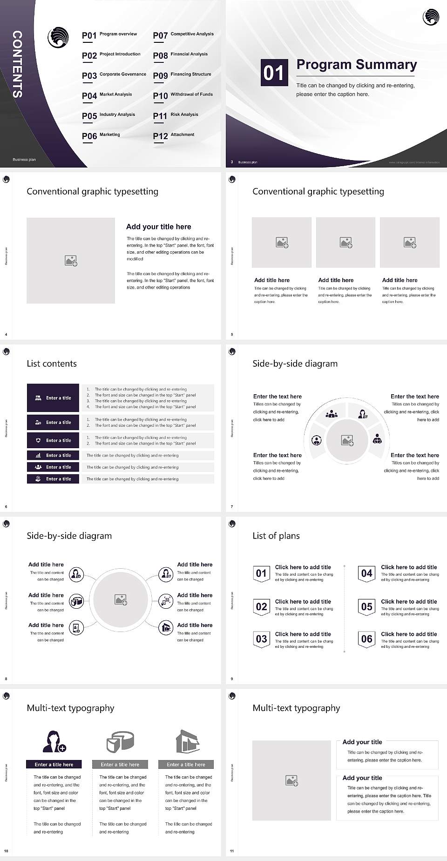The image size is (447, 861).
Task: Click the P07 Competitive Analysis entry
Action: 183,35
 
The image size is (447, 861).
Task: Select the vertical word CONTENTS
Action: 17,64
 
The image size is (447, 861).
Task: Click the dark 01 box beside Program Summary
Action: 273,73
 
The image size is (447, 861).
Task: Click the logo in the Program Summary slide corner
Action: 431,17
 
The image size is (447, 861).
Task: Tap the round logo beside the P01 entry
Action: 58,37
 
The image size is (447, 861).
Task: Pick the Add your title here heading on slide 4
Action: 158,227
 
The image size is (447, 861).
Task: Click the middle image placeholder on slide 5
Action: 345,242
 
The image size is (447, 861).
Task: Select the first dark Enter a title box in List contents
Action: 53,398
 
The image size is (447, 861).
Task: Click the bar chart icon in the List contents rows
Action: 38,455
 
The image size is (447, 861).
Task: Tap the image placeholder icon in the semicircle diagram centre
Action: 347,440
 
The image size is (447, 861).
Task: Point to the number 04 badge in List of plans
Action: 367,573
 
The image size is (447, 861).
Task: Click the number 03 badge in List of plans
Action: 261,639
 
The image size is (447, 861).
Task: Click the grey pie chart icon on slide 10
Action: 120,741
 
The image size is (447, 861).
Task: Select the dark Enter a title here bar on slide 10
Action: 54,764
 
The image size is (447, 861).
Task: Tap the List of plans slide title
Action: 276,536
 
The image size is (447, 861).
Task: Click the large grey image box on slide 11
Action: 291,780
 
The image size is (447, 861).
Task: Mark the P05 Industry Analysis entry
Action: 108,115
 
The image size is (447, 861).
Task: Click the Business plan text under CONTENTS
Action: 24,160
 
